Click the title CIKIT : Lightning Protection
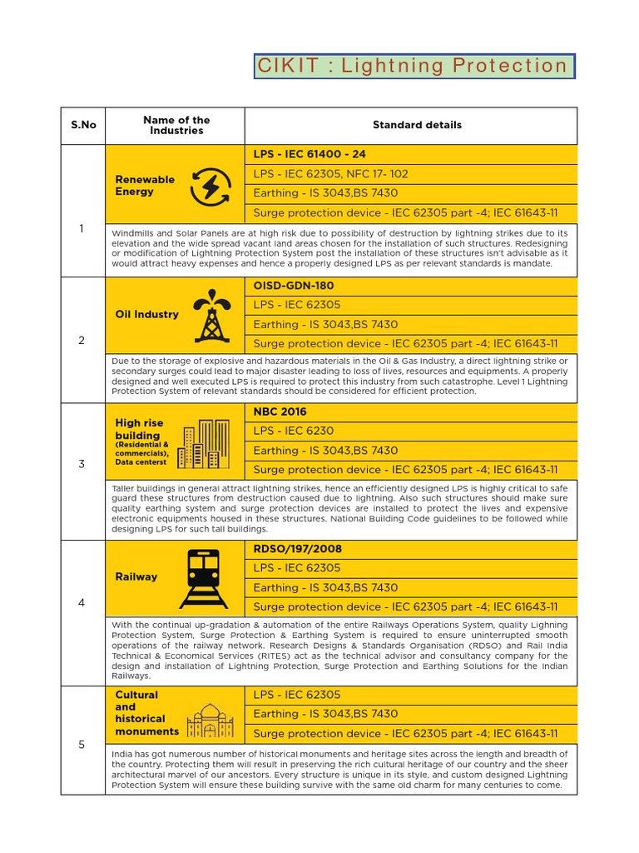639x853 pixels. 414,66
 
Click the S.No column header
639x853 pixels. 83,125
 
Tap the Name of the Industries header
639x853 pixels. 176,125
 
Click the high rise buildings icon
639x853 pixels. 203,444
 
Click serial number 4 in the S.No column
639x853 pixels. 82,602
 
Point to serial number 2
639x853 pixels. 82,340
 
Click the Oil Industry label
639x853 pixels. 147,314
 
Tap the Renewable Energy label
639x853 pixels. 145,185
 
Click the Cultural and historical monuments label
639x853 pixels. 146,713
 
